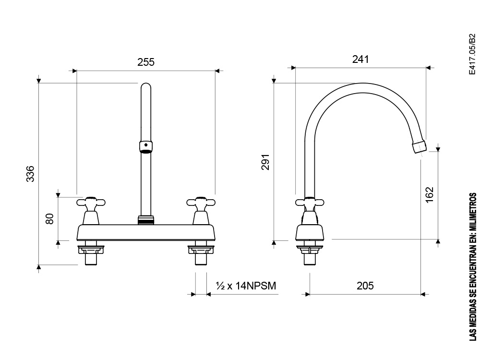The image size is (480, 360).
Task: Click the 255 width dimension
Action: click(x=146, y=62)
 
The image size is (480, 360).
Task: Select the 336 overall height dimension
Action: click(x=30, y=174)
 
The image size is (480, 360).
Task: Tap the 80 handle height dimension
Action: click(x=49, y=218)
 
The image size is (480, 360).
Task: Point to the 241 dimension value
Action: click(x=360, y=59)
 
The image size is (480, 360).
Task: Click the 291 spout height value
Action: click(x=265, y=162)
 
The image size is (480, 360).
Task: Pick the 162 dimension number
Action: click(x=430, y=194)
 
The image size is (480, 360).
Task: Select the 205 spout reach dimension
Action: click(x=365, y=286)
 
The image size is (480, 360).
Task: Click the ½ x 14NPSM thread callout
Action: click(x=246, y=286)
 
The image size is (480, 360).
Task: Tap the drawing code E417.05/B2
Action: click(x=473, y=54)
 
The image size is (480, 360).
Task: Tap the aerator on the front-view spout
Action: click(x=146, y=147)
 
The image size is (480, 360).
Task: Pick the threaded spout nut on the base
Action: click(x=146, y=220)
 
